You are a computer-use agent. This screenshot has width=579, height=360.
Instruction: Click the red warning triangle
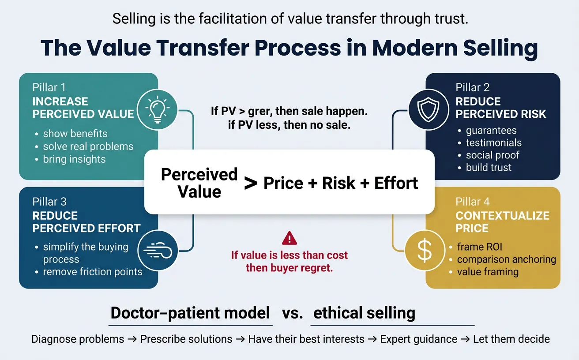pos(289,239)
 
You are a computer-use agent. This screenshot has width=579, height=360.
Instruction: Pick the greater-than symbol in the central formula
pos(251,184)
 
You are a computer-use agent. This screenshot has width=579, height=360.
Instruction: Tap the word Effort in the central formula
pos(396,183)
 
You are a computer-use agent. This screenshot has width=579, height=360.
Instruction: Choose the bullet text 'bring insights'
pos(74,159)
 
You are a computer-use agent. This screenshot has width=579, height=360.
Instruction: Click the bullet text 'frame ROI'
pos(479,247)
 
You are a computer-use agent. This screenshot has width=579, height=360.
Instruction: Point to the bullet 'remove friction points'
pos(92,272)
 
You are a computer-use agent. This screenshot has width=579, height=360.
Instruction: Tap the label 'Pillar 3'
pos(49,202)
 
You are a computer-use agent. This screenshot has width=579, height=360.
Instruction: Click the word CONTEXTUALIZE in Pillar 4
pos(502,216)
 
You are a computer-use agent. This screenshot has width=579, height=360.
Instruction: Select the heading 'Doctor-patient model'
pos(190,313)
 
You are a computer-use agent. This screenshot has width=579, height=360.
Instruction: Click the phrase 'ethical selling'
pos(364,313)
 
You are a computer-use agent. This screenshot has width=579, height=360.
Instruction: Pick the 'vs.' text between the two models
pos(292,314)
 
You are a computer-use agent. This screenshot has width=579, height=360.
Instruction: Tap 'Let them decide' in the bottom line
pos(511,339)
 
